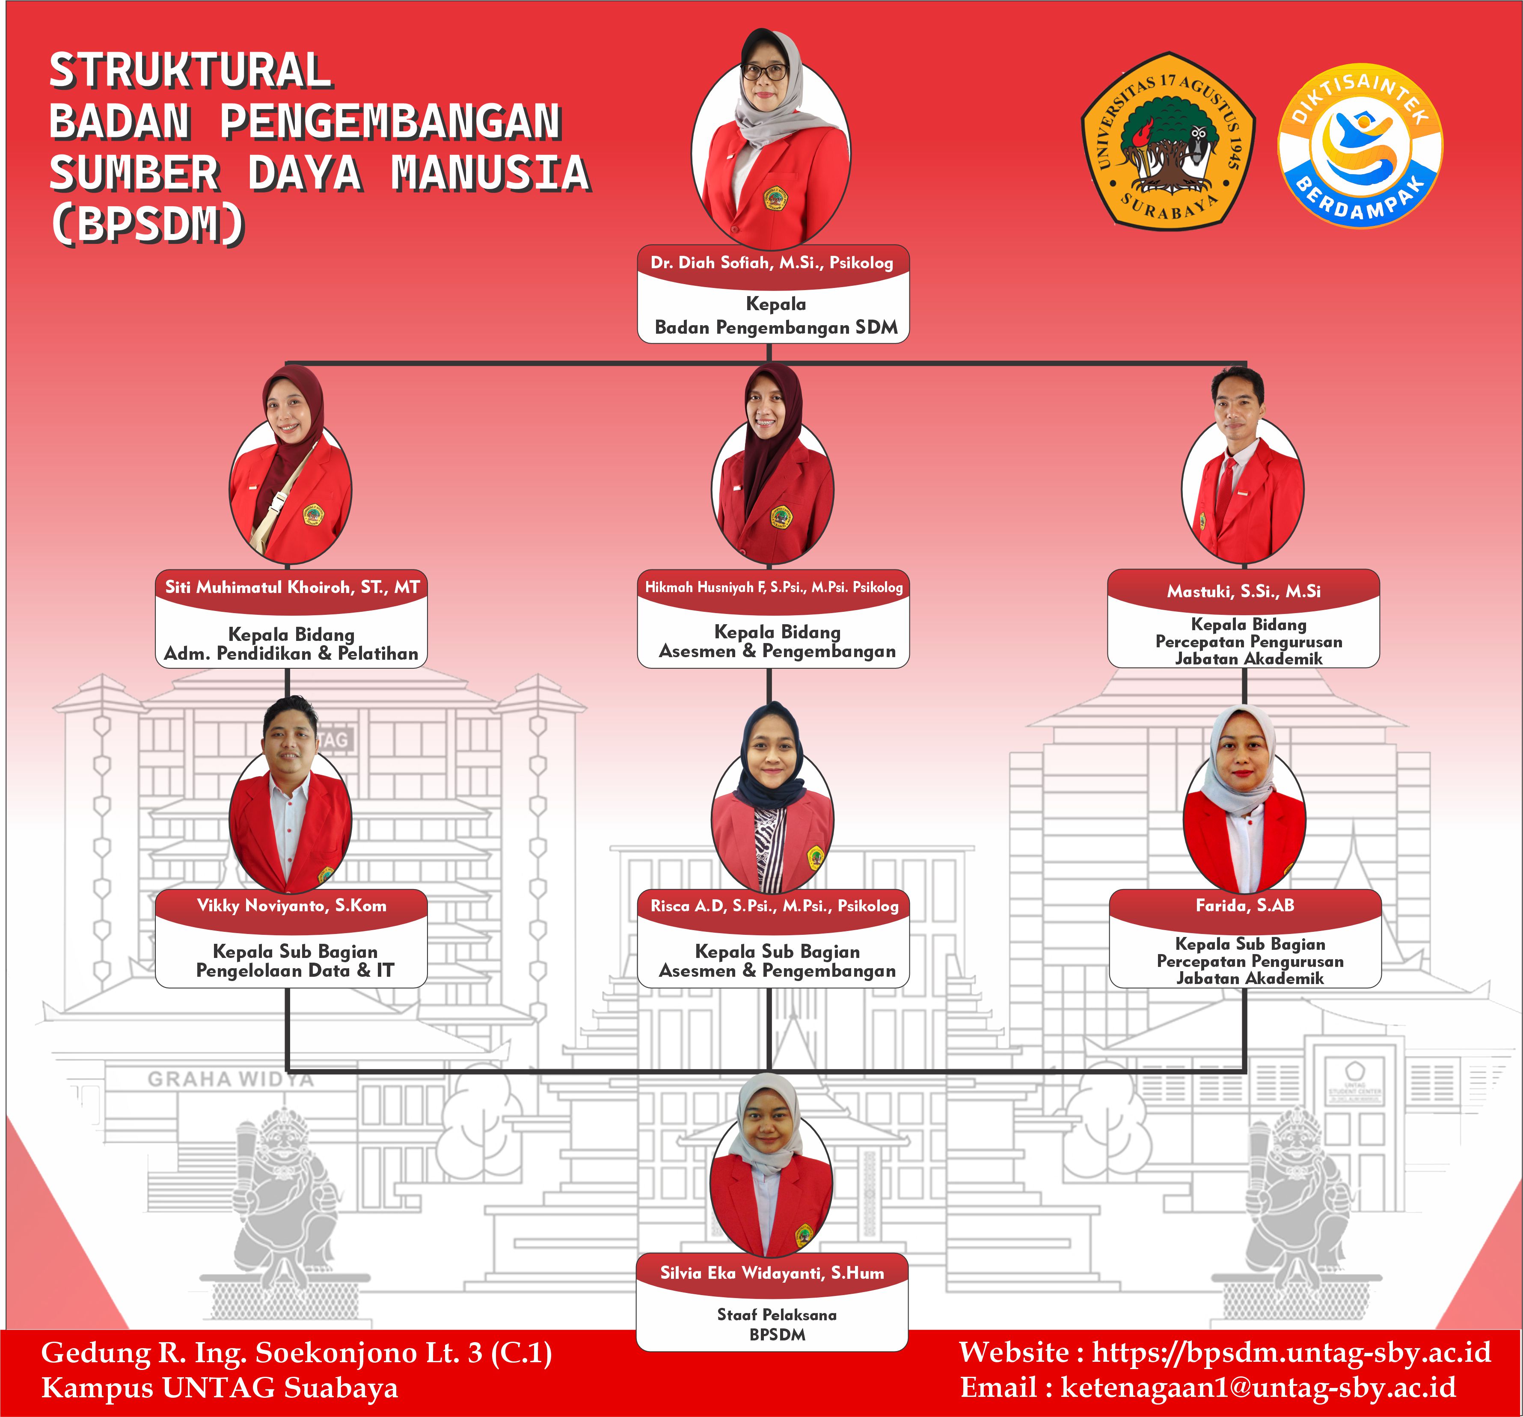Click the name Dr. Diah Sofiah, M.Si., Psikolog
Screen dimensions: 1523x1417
tap(772, 263)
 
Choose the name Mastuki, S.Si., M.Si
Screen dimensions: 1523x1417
tap(1244, 591)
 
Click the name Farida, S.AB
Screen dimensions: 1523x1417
tap(1245, 905)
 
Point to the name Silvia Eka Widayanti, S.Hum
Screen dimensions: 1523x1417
tap(772, 1273)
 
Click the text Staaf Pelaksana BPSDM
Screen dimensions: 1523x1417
tap(777, 1324)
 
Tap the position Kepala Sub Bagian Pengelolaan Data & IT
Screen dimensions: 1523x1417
tap(295, 960)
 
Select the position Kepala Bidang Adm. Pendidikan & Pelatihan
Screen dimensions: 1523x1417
tap(291, 643)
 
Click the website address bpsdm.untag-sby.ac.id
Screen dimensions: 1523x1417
tap(1291, 1353)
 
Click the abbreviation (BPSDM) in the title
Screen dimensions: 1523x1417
tap(147, 224)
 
